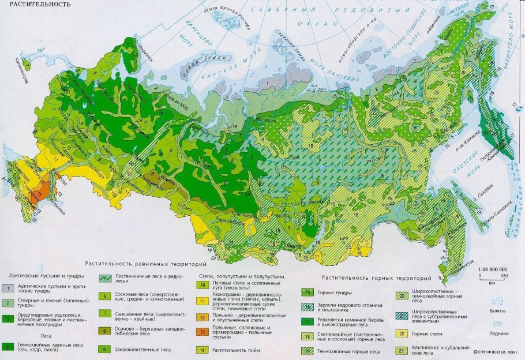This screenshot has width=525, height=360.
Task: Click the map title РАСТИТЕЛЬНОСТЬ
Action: coord(36,5)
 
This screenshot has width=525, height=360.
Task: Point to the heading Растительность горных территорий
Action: coord(377,277)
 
